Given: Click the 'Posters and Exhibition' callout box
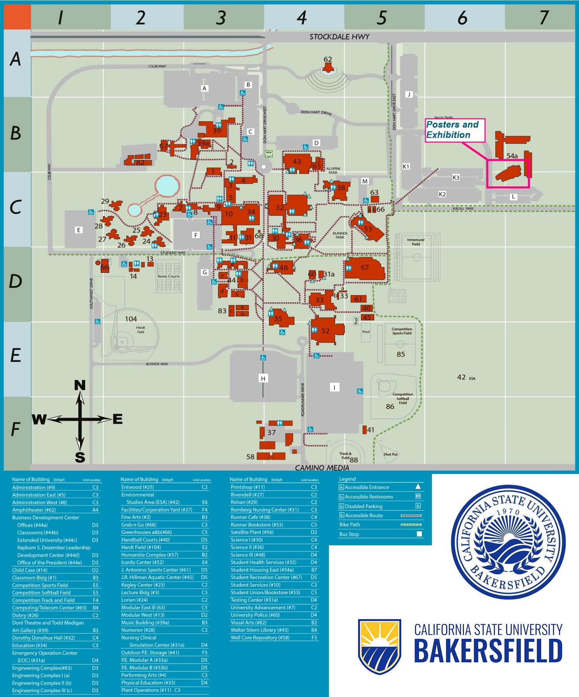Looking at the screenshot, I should tap(455, 130).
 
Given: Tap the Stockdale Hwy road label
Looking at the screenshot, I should tap(339, 37).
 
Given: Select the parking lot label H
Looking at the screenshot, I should tap(263, 378).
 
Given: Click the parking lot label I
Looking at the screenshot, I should tap(334, 387).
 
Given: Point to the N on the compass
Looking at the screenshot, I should tap(80, 385).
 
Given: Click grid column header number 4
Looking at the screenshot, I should tap(301, 17).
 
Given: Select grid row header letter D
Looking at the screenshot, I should tap(15, 282).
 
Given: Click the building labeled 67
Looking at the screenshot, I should tap(364, 269).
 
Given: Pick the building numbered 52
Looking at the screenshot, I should tap(325, 331).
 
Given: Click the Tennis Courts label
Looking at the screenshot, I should tap(168, 276).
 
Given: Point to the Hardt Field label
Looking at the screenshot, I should tap(140, 330).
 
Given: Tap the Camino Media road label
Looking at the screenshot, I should tap(322, 468).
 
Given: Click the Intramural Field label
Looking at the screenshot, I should tap(416, 242).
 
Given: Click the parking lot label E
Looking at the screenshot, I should tap(78, 230).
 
